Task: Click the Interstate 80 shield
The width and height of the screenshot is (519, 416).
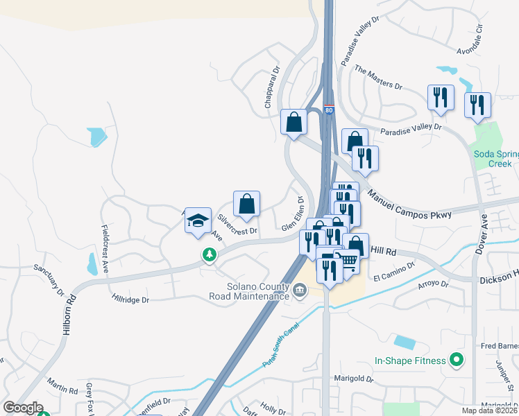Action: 329,110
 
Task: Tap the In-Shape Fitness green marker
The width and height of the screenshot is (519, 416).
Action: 456,360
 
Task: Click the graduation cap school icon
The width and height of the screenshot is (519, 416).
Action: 198,220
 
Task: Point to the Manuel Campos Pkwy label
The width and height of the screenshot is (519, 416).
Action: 409,205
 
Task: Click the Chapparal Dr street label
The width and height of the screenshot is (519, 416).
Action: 271,87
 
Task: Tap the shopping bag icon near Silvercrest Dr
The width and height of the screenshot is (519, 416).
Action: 246,205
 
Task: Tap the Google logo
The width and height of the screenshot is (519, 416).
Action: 22,408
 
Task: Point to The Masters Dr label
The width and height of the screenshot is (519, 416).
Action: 378,77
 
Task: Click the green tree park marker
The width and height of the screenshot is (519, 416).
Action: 209,255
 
